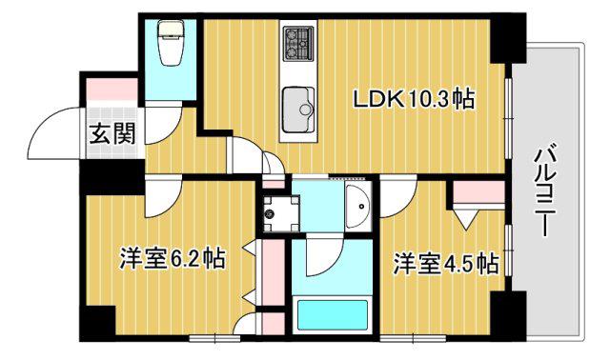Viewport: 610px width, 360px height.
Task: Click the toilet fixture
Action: (171, 43)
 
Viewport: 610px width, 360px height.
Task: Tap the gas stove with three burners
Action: (298, 43)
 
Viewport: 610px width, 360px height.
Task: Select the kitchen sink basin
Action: (298, 110)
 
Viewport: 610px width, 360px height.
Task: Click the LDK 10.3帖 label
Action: (414, 99)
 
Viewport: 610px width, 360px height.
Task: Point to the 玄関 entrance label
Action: (112, 133)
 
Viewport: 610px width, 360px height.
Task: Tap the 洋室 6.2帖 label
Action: (173, 258)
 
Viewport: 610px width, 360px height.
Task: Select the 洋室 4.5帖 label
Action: (446, 263)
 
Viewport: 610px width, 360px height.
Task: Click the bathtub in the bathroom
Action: (333, 315)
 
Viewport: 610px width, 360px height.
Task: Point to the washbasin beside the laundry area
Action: (358, 207)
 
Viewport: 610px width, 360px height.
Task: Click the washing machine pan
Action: (281, 213)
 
